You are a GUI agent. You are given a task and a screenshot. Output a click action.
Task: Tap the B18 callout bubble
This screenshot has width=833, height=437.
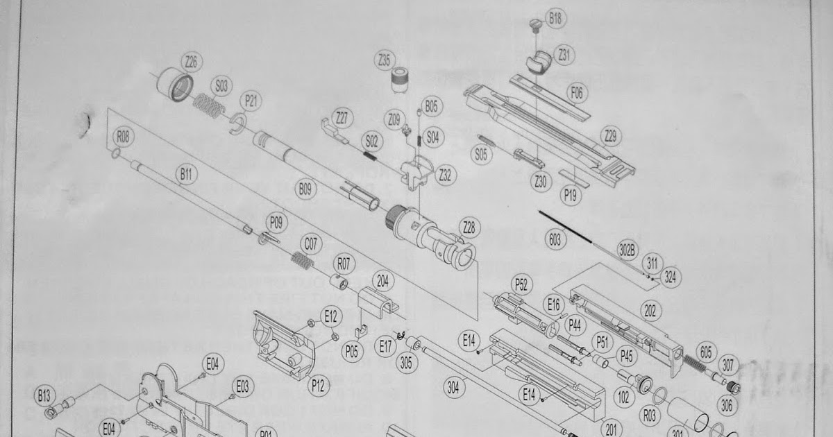[x=555, y=19]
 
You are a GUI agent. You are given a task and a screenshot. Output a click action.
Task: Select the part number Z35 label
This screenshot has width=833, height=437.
[x=385, y=60]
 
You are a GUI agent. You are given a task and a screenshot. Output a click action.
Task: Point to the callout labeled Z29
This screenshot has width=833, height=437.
[x=610, y=137]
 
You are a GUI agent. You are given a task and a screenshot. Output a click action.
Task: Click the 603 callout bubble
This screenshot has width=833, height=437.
[x=555, y=240]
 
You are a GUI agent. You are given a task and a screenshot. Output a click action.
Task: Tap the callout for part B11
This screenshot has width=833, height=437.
[x=185, y=176]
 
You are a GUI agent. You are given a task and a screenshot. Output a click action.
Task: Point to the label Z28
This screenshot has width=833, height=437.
[x=470, y=227]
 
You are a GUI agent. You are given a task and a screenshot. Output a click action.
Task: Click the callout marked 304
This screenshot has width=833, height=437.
[x=453, y=388]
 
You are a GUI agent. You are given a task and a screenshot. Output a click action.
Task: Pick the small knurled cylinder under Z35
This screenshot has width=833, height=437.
[x=400, y=79]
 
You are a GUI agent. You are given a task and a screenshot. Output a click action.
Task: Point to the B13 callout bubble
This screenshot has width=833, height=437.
[x=44, y=397]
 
